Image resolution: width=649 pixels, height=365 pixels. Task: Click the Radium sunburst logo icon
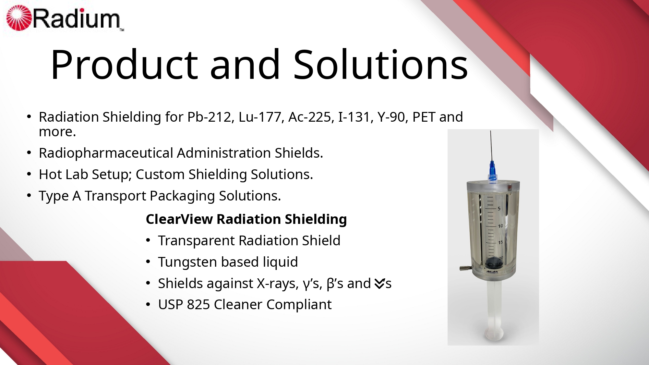[x=19, y=18]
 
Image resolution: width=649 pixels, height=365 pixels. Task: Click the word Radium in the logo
[x=77, y=19]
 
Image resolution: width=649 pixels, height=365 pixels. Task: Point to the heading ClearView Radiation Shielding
[x=246, y=219]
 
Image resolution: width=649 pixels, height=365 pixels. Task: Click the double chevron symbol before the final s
[x=379, y=284]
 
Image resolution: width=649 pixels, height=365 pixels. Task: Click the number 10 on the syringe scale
[x=500, y=226]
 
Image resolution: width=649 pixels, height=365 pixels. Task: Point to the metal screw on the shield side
[x=466, y=268]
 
